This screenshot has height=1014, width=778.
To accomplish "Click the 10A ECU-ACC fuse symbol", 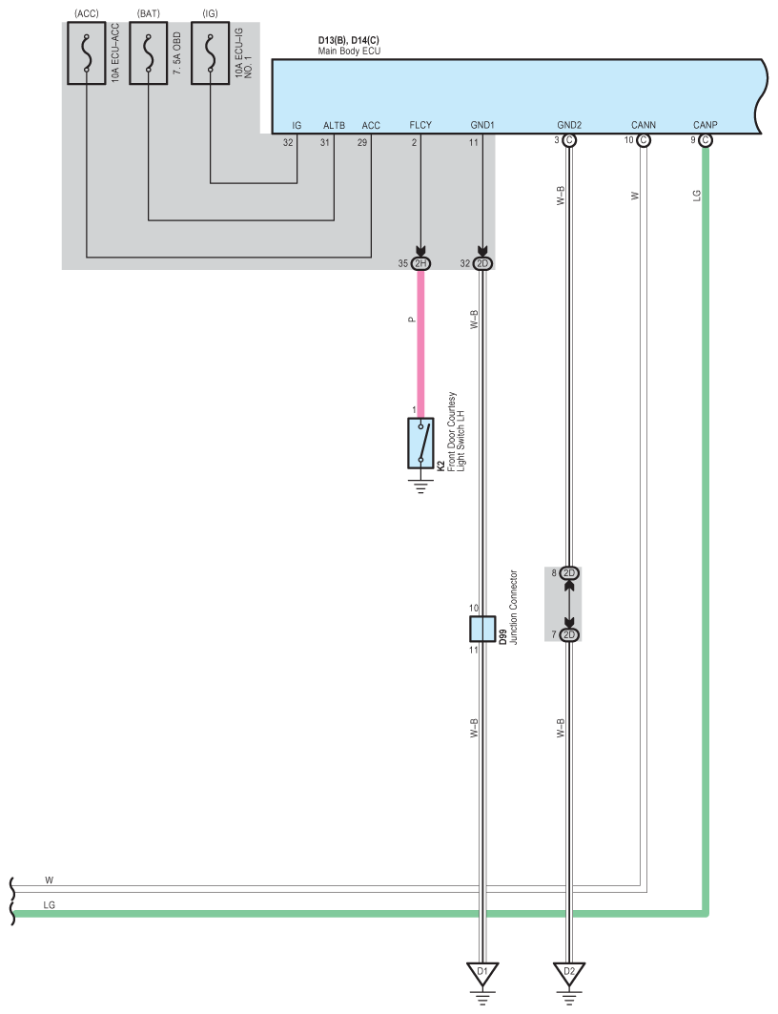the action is pos(87,53).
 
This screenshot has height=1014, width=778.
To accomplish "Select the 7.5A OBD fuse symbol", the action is pos(149,53).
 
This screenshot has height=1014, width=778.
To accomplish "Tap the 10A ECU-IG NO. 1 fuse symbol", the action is pos(210,53).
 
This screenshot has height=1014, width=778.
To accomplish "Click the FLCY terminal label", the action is pos(420,125).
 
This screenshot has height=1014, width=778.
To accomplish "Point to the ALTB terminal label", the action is pos(334,126).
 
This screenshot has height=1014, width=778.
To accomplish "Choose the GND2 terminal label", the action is pos(569,125).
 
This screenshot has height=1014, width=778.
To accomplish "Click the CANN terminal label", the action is pos(643,125).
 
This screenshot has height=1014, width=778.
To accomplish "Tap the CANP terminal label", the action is pos(705,125).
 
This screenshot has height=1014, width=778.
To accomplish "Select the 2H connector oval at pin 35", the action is pos(420,264).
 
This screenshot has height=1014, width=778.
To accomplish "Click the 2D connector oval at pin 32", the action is pos(482,264).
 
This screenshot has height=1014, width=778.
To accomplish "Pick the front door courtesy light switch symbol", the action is pos(420,443).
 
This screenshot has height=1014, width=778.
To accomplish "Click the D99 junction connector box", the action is pos(482,629).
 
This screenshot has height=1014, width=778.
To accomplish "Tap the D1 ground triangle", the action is pos(482,973).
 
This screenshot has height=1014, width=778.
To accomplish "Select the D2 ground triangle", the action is pos(569,973).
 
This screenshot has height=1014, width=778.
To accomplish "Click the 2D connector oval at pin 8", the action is pos(569,573).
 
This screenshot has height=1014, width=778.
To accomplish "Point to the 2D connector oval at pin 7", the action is pos(569,635).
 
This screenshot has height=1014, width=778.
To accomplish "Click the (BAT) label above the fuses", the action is pos(149,13).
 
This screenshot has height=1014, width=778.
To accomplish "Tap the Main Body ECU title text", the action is pos(349,52).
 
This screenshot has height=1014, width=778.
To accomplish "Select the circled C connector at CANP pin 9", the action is pos(705,140).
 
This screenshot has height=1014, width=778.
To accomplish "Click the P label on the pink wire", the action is pos(412,320).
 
